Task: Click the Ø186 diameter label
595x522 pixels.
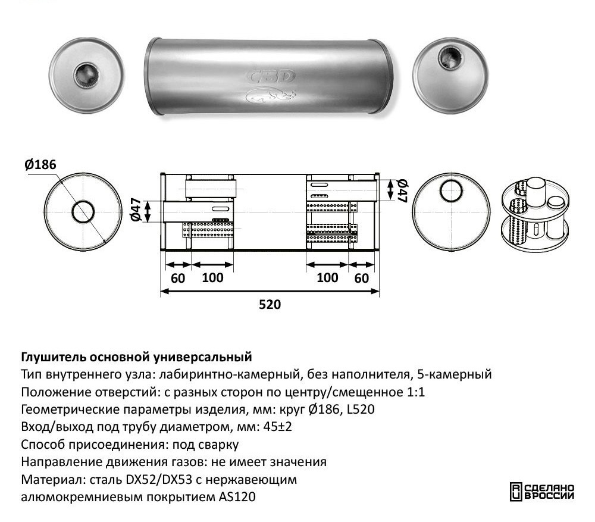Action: coord(40,165)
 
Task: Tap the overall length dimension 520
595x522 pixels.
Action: coord(270,305)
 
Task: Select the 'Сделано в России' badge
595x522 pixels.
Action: coord(541,491)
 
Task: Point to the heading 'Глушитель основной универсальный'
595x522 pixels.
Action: coord(137,357)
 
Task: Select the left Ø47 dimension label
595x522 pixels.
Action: coord(135,210)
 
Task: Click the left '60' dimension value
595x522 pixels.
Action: coord(177,278)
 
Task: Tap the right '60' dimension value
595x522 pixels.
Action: coord(362,278)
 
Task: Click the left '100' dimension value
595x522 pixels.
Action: coord(212,278)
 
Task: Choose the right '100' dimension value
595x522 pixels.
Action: coord(327,278)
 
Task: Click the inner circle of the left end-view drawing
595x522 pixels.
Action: coord(84,212)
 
